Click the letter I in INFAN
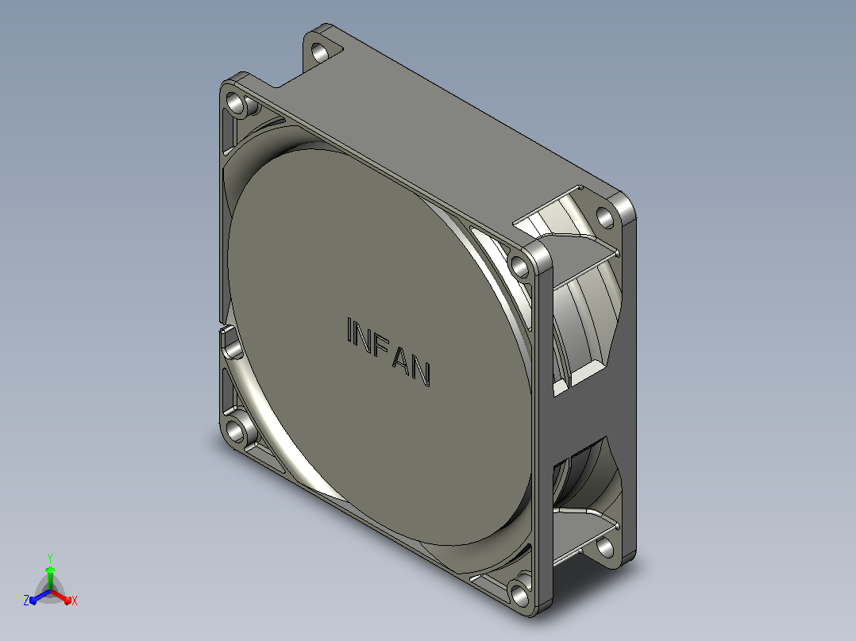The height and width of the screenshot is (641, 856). [350, 331]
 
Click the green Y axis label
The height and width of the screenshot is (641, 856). [50, 558]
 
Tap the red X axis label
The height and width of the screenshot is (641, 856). [75, 601]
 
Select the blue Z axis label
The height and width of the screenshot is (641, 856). [25, 601]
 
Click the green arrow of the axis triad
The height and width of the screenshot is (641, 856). [50, 578]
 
